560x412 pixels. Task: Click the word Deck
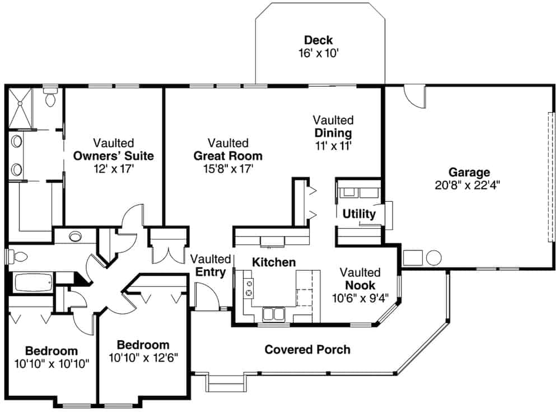(318, 40)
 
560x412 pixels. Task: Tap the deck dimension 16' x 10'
(318, 53)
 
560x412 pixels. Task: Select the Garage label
(469, 172)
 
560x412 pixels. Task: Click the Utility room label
(359, 214)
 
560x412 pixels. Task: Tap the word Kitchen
(273, 262)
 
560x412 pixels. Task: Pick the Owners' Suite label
(114, 155)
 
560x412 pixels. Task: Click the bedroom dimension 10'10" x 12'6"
(143, 358)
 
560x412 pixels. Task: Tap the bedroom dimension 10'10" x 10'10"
(52, 363)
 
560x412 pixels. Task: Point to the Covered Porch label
(307, 350)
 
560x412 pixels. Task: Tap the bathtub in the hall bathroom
(32, 282)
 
